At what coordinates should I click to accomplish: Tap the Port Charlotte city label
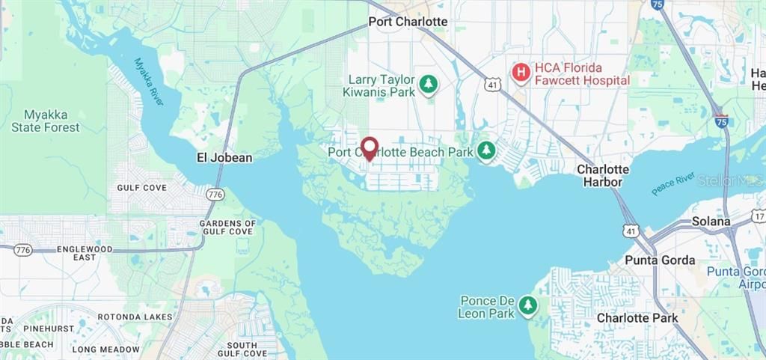pos(408,22)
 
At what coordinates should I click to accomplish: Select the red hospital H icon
pos(521,73)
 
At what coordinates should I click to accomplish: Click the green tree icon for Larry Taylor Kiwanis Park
pos(428,85)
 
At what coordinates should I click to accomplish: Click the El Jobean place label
pos(224,158)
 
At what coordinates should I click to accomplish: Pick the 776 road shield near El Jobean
pos(216,194)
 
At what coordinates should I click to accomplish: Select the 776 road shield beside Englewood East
pos(23,250)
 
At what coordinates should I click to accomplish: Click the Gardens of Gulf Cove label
pos(227,228)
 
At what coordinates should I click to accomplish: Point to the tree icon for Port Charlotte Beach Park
pos(487,151)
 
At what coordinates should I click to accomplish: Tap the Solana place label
pos(711,222)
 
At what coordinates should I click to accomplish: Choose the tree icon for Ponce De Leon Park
pos(528,305)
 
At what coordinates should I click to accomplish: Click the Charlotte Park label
pos(637,318)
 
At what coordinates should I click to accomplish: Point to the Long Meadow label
pos(105,350)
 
